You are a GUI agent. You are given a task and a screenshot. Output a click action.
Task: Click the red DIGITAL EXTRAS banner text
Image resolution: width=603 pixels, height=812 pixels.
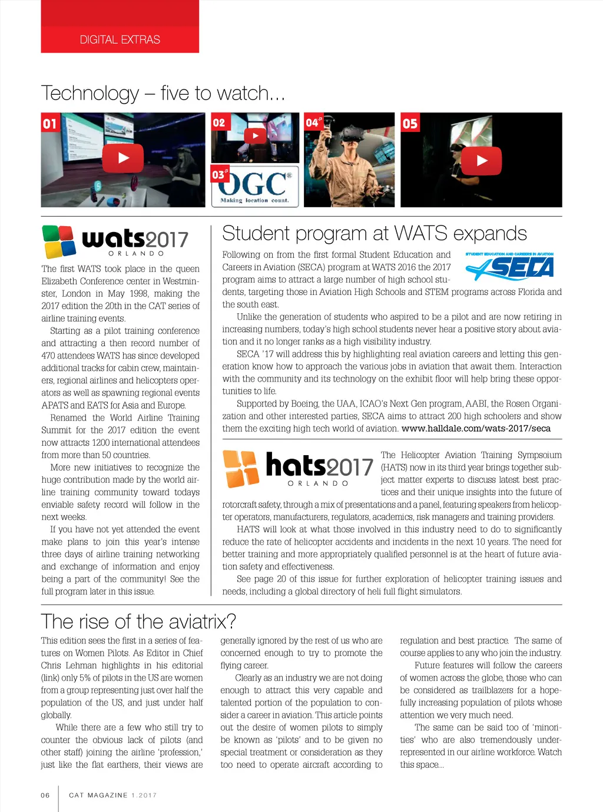120,39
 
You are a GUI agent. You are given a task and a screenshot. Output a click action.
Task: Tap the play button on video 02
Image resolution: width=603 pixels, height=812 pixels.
255,136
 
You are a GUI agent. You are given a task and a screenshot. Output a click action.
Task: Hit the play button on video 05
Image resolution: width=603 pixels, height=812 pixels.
482,160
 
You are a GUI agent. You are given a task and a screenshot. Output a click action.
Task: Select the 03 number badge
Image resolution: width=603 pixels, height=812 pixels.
219,174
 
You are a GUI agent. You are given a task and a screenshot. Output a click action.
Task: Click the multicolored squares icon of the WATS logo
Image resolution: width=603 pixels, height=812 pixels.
59,241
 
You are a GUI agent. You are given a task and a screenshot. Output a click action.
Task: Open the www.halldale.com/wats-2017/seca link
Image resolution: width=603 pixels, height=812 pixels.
476,428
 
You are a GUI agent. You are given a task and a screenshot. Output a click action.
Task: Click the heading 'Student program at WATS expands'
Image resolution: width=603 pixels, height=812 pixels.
374,233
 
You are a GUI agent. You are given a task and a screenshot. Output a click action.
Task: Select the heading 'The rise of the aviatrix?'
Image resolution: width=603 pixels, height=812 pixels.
138,621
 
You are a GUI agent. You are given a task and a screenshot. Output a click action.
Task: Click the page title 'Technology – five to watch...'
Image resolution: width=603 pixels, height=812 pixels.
163,93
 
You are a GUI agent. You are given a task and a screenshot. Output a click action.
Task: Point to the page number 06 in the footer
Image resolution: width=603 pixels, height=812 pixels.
45,795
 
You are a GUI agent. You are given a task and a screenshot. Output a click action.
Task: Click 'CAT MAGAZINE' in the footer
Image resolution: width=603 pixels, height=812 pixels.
98,795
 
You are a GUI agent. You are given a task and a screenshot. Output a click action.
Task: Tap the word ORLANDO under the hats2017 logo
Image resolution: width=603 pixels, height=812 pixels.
318,483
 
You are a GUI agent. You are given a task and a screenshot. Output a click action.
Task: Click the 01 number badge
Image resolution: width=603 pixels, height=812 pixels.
49,124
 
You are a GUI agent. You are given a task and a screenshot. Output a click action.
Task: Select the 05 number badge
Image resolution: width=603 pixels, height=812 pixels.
410,124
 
